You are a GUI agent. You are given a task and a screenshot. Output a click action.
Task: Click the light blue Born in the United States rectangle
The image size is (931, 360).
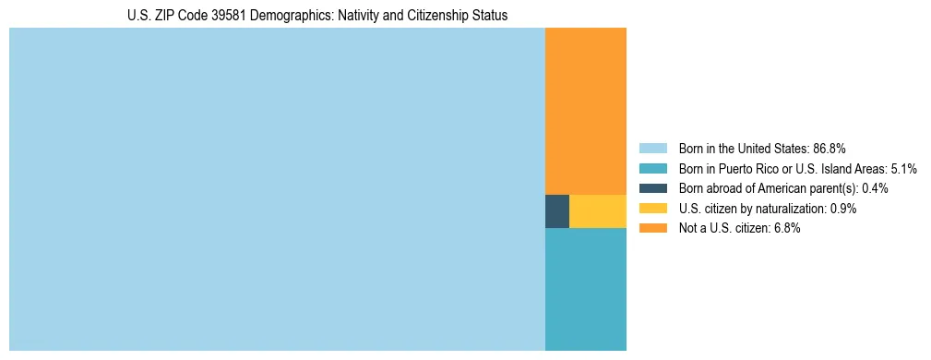pyautogui.click(x=277, y=189)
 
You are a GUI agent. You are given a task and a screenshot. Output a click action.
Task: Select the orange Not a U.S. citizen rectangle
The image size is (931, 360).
pyautogui.click(x=586, y=111)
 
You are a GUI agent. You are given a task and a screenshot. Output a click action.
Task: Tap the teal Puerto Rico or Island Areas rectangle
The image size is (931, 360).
pyautogui.click(x=586, y=289)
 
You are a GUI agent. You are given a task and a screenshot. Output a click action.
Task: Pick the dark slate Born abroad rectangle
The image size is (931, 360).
pyautogui.click(x=557, y=211)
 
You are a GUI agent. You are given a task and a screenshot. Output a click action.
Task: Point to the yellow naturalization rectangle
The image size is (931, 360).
pyautogui.click(x=598, y=211)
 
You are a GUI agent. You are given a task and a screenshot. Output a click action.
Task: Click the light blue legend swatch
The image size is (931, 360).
pyautogui.click(x=652, y=148)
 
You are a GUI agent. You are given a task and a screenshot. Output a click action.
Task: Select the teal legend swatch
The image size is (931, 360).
pyautogui.click(x=652, y=168)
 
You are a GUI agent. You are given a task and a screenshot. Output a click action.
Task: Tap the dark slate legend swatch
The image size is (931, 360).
pyautogui.click(x=652, y=188)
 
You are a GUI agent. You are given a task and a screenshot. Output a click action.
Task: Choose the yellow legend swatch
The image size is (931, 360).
pyautogui.click(x=652, y=209)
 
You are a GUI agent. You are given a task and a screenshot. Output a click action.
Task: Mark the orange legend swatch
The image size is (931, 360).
pyautogui.click(x=652, y=228)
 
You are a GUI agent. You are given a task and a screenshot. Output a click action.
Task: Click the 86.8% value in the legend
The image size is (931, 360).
pyautogui.click(x=830, y=148)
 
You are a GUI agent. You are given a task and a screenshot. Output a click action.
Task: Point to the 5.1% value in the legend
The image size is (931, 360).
pyautogui.click(x=902, y=168)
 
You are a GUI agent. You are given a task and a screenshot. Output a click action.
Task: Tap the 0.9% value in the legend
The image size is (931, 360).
pyautogui.click(x=843, y=209)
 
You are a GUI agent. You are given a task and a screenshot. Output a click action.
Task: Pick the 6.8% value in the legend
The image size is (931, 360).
pyautogui.click(x=787, y=228)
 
